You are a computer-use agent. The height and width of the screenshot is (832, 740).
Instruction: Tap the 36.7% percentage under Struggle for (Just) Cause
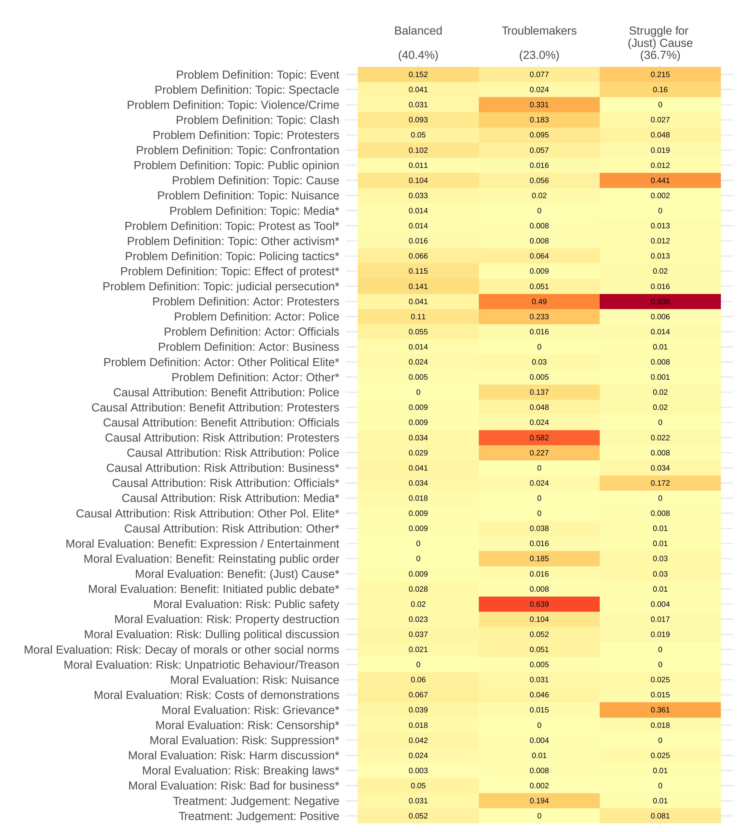point(660,55)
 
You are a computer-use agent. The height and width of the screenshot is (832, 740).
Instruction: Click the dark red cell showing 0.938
point(660,302)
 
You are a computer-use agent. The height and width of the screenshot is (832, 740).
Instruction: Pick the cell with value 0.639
point(539,604)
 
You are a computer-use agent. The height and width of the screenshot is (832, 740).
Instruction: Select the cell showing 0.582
point(539,438)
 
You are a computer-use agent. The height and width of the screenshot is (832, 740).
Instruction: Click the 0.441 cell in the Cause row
point(660,180)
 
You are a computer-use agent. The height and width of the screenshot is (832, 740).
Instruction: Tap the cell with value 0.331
point(539,104)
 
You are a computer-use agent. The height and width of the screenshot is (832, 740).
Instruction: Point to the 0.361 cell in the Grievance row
point(660,710)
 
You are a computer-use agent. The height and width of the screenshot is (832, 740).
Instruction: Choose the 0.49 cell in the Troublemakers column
point(539,302)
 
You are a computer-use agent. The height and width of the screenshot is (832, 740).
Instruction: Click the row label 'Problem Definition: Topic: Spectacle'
point(247,90)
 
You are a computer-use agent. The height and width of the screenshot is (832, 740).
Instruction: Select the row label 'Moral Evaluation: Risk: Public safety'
point(246,604)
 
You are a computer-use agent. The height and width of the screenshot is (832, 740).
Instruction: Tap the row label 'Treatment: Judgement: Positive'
point(259,816)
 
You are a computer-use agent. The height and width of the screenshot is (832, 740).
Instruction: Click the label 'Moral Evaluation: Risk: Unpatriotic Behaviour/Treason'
point(201,665)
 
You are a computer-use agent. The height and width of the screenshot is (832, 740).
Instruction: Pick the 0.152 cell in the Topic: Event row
point(418,75)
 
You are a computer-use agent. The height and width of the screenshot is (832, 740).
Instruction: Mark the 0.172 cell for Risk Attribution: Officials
point(660,483)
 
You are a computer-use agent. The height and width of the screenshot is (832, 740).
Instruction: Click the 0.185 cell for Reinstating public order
point(539,558)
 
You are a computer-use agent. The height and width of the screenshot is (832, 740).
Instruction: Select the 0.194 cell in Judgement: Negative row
point(539,801)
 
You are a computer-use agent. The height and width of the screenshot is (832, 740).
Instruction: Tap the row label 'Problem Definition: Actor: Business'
point(249,347)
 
